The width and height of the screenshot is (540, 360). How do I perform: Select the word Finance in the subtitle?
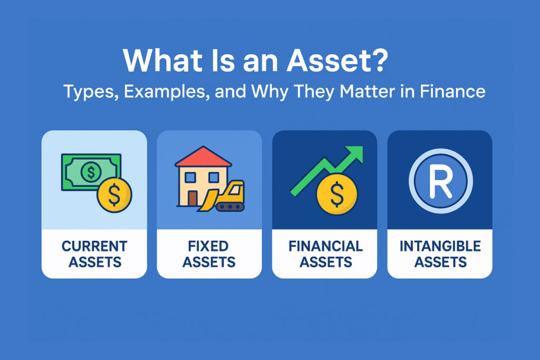click(x=452, y=92)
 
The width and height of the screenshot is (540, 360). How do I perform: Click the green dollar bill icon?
click(x=91, y=172)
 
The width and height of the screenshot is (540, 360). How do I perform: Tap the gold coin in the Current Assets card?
click(x=114, y=195)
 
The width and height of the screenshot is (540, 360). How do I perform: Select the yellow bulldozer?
click(x=223, y=197)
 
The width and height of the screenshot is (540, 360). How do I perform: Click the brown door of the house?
click(x=192, y=199)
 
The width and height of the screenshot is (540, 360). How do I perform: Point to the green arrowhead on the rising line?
click(x=354, y=154)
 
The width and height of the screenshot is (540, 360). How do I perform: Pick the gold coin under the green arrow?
click(x=337, y=194)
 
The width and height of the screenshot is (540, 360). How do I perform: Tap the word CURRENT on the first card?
click(x=94, y=247)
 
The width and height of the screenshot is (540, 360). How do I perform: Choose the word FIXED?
click(x=208, y=247)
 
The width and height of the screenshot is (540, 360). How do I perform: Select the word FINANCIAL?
click(x=325, y=247)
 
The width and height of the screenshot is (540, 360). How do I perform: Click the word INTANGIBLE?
click(x=440, y=247)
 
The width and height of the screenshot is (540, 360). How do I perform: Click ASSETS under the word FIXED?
click(x=209, y=262)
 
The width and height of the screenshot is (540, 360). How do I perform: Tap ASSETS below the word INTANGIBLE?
click(x=440, y=262)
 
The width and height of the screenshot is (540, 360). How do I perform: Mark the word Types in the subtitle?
click(x=91, y=92)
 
